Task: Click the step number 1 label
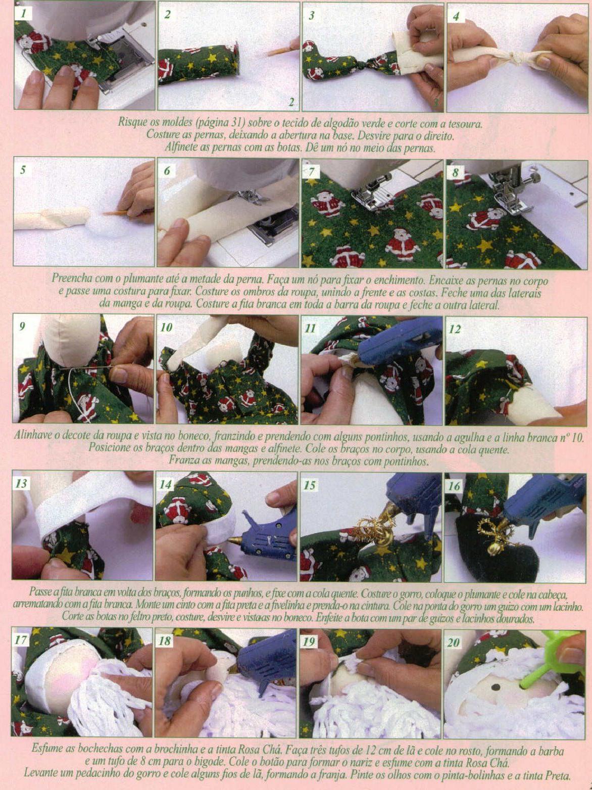(x=24, y=14)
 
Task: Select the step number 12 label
(x=456, y=329)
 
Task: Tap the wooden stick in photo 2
(x=281, y=51)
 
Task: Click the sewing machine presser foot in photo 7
(x=371, y=194)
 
